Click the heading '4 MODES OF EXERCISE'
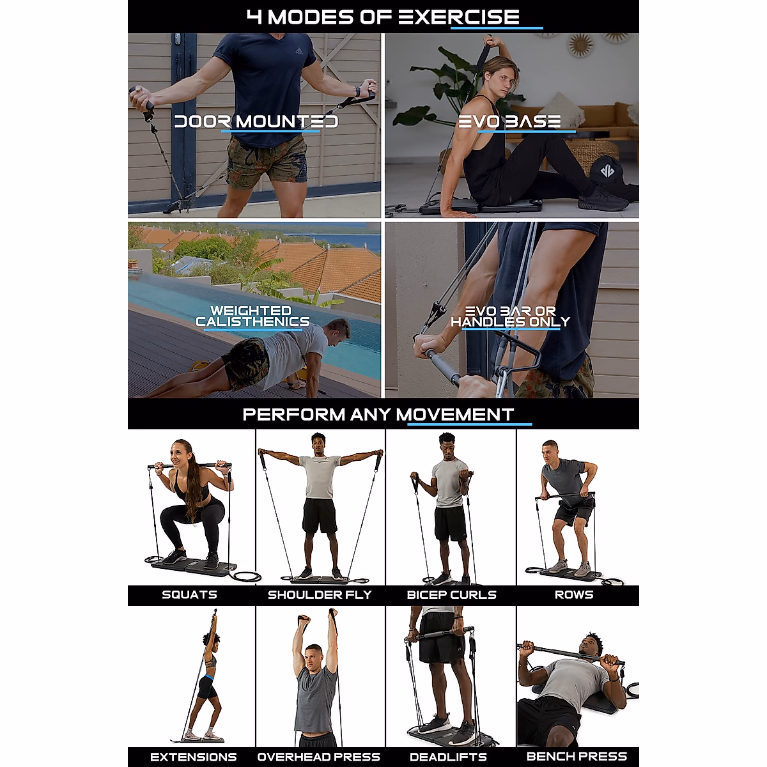(x=383, y=17)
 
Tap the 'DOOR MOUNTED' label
(x=256, y=121)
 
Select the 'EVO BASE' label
(x=509, y=121)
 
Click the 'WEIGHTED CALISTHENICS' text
(x=252, y=316)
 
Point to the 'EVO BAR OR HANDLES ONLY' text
(x=510, y=316)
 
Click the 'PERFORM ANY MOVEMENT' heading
(x=378, y=414)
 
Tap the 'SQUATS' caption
(x=189, y=595)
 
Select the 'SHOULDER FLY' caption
(x=319, y=595)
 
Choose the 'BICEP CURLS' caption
(x=451, y=595)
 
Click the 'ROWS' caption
(x=573, y=595)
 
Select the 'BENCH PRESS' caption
(x=576, y=757)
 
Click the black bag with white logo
(x=608, y=172)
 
